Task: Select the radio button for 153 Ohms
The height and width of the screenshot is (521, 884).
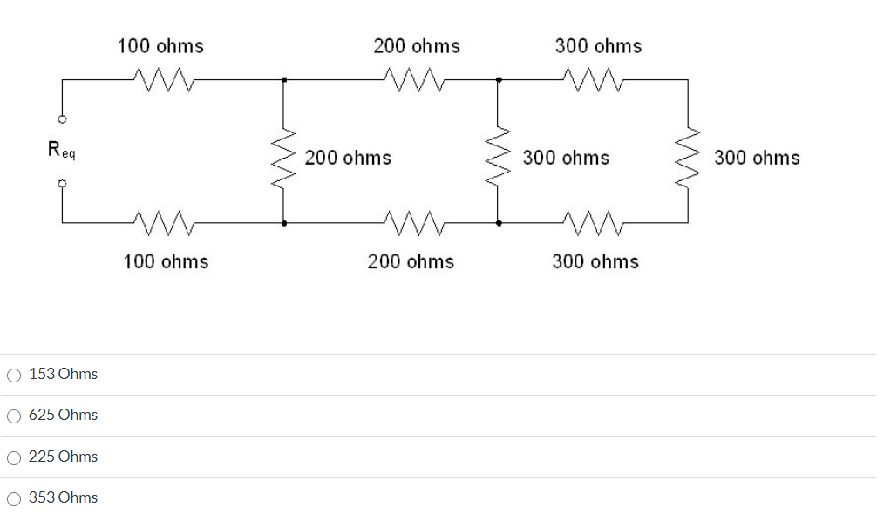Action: (x=14, y=376)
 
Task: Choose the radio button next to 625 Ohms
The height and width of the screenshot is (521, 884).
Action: (x=14, y=416)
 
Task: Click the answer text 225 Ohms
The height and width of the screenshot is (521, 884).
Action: (x=63, y=457)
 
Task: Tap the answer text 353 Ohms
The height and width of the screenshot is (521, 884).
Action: (x=63, y=497)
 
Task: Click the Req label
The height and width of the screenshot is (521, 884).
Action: (x=61, y=151)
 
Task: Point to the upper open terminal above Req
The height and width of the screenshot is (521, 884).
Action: (x=62, y=119)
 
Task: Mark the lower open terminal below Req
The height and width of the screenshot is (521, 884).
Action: (x=62, y=184)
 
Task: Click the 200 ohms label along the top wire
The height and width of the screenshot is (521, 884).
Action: (x=417, y=46)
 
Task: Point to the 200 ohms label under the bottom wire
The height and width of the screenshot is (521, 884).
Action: (x=411, y=261)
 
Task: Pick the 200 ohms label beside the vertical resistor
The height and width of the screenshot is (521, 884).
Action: (x=348, y=158)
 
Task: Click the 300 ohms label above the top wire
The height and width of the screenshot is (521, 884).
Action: (x=598, y=46)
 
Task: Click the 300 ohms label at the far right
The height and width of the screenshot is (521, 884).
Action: (x=757, y=158)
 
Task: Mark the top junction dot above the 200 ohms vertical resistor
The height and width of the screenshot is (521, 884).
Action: (x=283, y=80)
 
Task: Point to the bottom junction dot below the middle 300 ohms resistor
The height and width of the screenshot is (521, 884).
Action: (x=498, y=223)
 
